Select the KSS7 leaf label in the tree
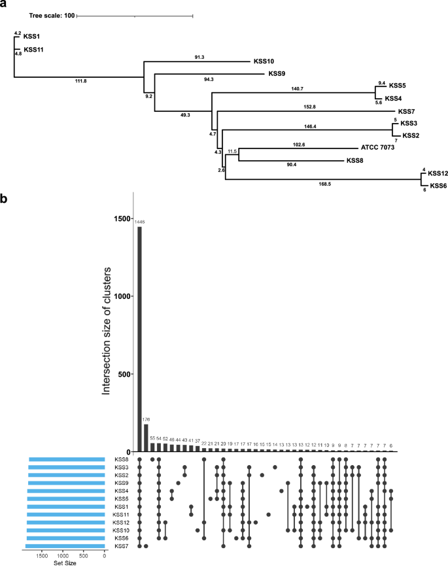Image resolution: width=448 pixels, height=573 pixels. coord(407,111)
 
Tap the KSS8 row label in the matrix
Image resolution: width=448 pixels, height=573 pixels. coord(121,460)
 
